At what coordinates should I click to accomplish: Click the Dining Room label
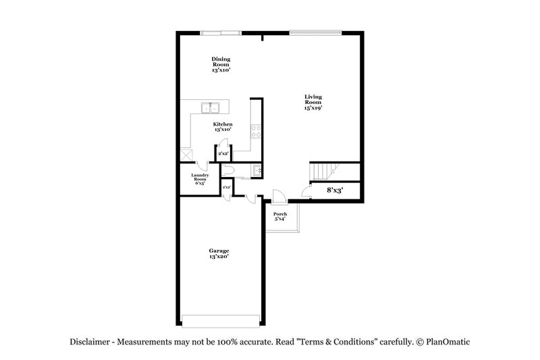(221, 64)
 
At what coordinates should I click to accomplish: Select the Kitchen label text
(223, 127)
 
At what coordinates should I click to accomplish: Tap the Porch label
(280, 216)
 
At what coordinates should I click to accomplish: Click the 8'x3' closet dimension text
(335, 191)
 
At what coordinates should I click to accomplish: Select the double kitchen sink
(211, 107)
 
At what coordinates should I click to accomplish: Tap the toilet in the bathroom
(228, 171)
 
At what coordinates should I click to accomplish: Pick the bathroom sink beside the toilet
(256, 170)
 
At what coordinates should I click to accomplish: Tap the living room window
(316, 31)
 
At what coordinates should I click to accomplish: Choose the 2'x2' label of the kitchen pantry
(223, 155)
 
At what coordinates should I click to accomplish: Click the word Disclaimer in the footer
(92, 342)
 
